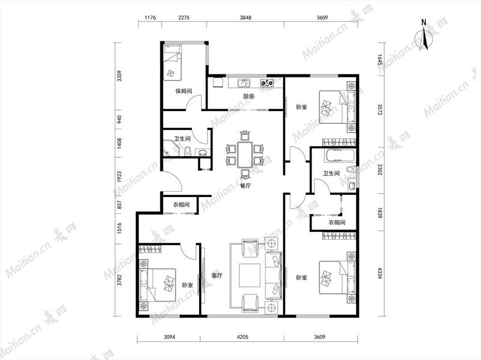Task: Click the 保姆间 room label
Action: coord(184,91)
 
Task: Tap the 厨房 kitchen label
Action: coord(249,96)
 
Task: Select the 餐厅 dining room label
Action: coord(246,186)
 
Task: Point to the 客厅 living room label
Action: coord(217,276)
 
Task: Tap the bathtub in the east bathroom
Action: coord(340,156)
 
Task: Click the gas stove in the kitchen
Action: coord(267,82)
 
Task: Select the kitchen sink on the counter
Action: coord(244,83)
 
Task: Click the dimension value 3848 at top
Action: coord(245,18)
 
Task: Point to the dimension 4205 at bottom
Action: coord(242,337)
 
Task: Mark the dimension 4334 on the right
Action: coord(380,273)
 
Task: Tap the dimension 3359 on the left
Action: coord(119,76)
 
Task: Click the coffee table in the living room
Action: coord(250,275)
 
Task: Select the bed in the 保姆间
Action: coord(172,63)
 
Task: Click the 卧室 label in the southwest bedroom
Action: coord(188,285)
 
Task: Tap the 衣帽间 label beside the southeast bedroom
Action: coord(337,222)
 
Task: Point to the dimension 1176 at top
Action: coord(150,18)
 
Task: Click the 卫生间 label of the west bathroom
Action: coord(183,139)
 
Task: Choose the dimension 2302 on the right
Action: coord(380,169)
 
